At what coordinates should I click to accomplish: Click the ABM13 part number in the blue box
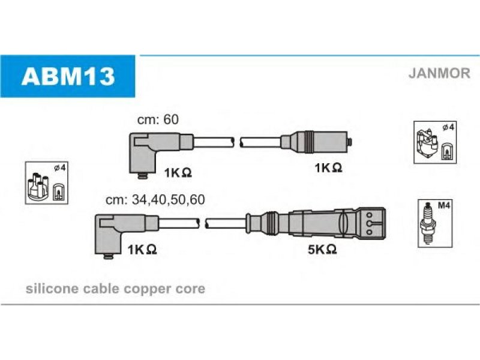coord(68,76)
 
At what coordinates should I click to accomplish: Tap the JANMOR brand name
coord(439,73)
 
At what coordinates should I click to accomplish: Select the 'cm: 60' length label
coord(158,119)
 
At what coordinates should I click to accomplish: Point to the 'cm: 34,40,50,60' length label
coord(155,200)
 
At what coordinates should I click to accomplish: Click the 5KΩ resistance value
coord(322,250)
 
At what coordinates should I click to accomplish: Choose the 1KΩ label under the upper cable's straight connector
coord(328,167)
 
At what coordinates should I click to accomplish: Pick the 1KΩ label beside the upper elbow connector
coord(178,173)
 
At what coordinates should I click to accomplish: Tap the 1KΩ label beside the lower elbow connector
coord(142,250)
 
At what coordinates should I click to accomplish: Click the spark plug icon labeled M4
coord(428,224)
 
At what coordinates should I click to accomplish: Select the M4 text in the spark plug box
coord(443,205)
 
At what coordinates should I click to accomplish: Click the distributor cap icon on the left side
coord(38,187)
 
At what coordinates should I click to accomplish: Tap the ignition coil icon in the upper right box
coord(427,143)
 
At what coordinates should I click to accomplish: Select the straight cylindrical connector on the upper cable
coord(316,142)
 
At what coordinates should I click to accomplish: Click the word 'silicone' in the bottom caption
coord(52,289)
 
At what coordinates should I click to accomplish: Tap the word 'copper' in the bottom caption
coord(148,290)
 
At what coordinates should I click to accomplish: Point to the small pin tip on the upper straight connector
coord(350,142)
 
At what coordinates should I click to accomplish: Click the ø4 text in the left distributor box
coord(60,168)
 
